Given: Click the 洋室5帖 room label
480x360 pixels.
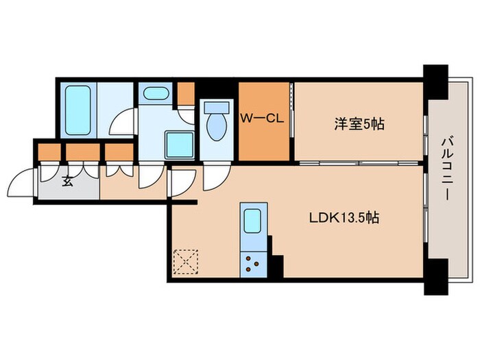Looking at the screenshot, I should [359, 124].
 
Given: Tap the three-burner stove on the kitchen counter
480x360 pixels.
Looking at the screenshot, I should [252, 263].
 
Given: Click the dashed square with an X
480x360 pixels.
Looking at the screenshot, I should [185, 261].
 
